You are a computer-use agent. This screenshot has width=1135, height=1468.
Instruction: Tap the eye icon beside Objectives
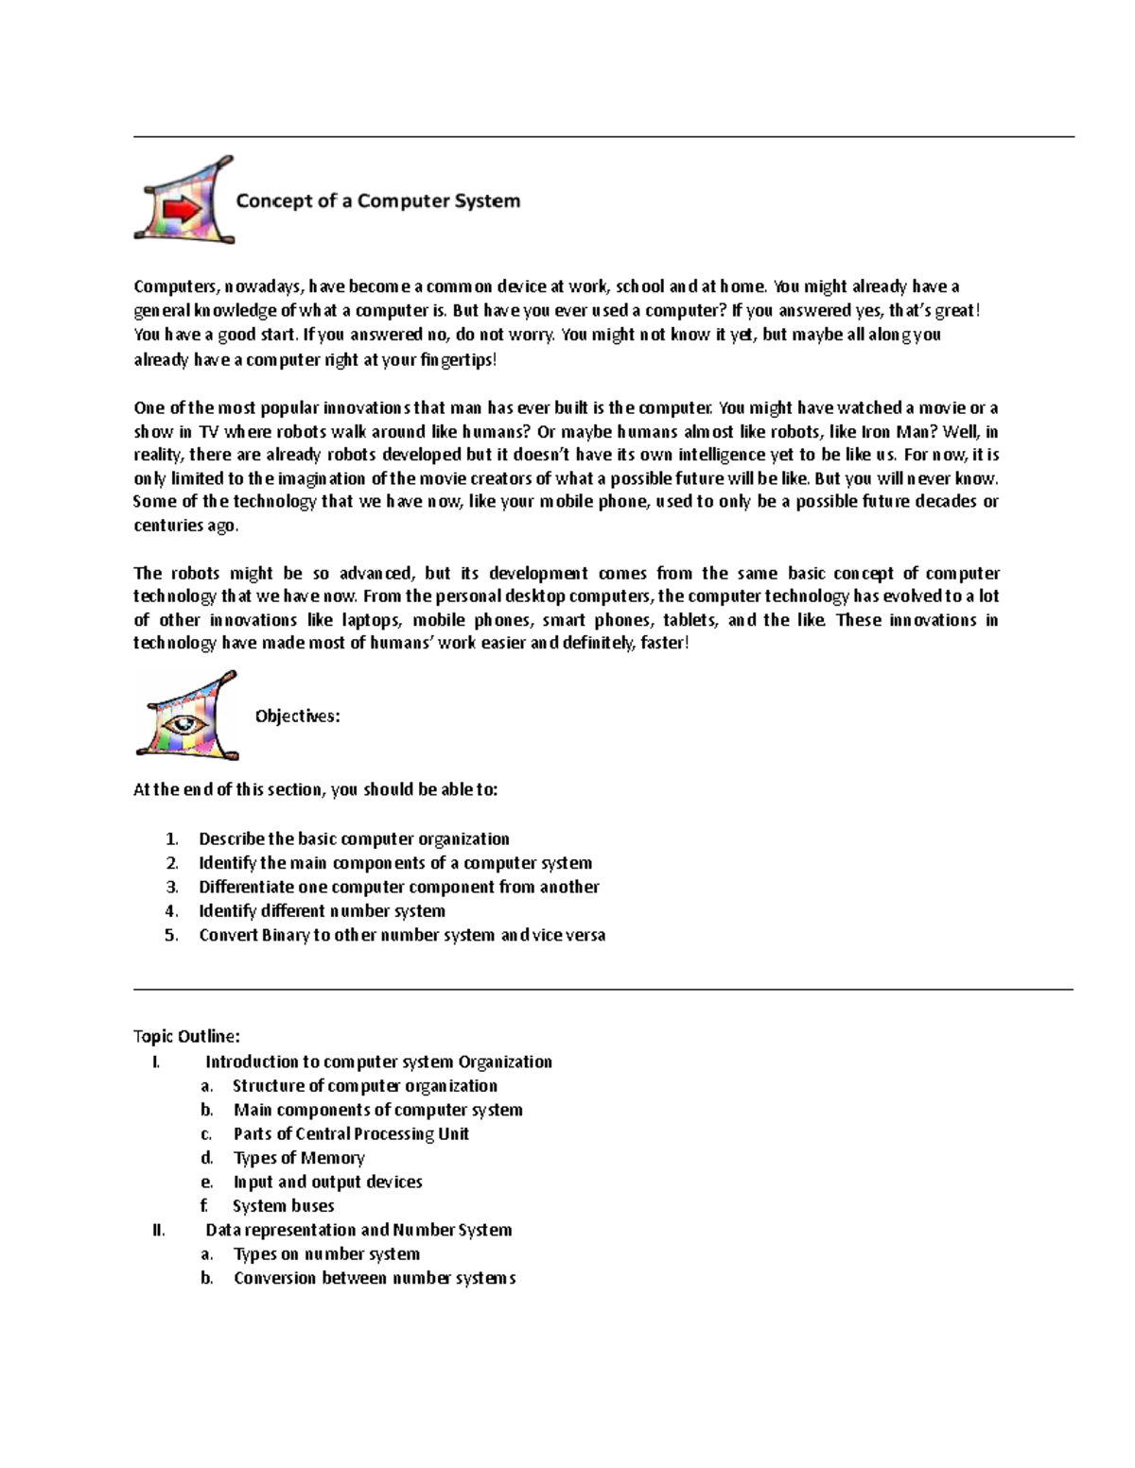click(185, 717)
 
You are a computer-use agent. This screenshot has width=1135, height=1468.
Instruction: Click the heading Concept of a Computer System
click(377, 200)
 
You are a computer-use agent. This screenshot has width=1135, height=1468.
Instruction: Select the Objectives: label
click(297, 717)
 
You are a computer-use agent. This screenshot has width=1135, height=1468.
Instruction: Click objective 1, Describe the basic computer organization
click(354, 839)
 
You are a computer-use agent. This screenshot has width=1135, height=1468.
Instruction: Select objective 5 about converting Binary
click(401, 935)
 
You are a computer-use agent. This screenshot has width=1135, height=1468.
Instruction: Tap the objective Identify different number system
click(322, 911)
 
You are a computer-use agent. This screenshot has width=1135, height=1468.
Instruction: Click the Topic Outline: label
click(186, 1036)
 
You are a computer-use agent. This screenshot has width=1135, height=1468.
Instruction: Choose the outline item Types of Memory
click(299, 1158)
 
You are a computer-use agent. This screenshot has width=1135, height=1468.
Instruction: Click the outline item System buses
click(283, 1206)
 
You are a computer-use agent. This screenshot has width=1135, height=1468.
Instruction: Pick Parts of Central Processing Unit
click(351, 1134)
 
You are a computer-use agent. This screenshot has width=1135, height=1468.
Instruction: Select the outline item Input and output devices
click(327, 1182)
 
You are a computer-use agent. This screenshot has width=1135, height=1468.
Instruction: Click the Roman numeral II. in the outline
click(158, 1230)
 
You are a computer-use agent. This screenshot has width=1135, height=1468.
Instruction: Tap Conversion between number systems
click(375, 1278)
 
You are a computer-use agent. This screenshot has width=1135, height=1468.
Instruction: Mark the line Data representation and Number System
click(358, 1230)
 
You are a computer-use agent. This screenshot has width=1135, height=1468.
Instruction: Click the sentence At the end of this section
click(315, 789)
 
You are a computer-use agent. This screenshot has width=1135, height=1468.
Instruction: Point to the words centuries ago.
click(186, 526)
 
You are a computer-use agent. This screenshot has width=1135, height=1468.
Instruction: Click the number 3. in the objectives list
click(171, 887)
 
